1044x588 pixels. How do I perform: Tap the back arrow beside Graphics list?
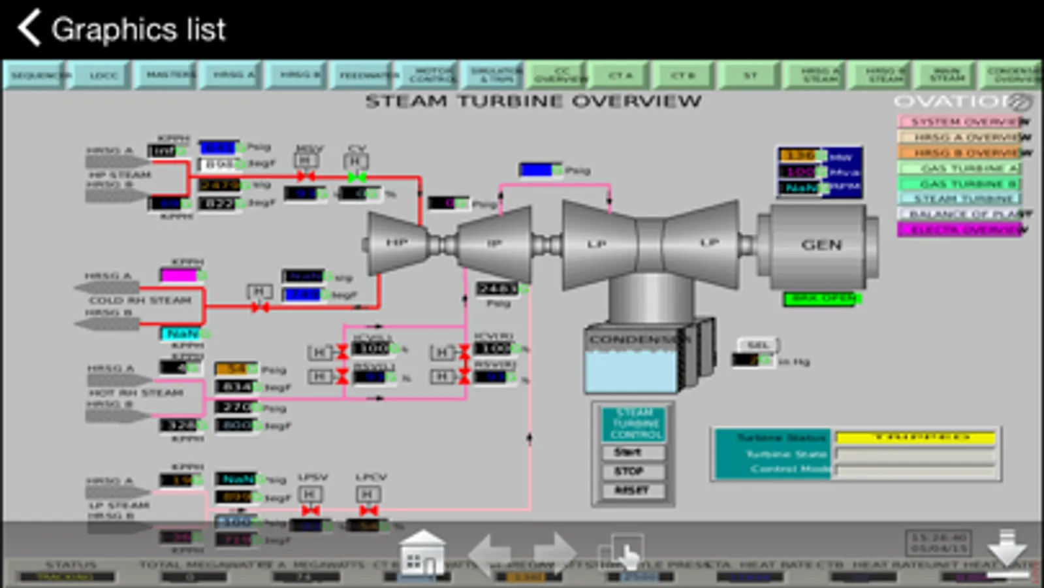[29, 28]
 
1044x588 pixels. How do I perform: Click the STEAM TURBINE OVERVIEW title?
[533, 101]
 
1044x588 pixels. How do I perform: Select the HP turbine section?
[396, 243]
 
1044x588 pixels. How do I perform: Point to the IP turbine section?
[494, 244]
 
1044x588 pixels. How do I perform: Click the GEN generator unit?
[821, 245]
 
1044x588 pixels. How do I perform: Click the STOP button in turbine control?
[631, 471]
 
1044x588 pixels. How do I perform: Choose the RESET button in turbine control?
[631, 490]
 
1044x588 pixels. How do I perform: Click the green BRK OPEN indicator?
[822, 299]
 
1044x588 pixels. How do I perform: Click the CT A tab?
[620, 76]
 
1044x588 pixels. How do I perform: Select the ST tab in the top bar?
[750, 76]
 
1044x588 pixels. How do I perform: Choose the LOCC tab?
[103, 76]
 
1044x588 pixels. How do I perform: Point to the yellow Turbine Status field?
[915, 437]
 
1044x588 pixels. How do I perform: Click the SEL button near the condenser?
[757, 344]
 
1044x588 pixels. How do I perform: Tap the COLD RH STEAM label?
[140, 301]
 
